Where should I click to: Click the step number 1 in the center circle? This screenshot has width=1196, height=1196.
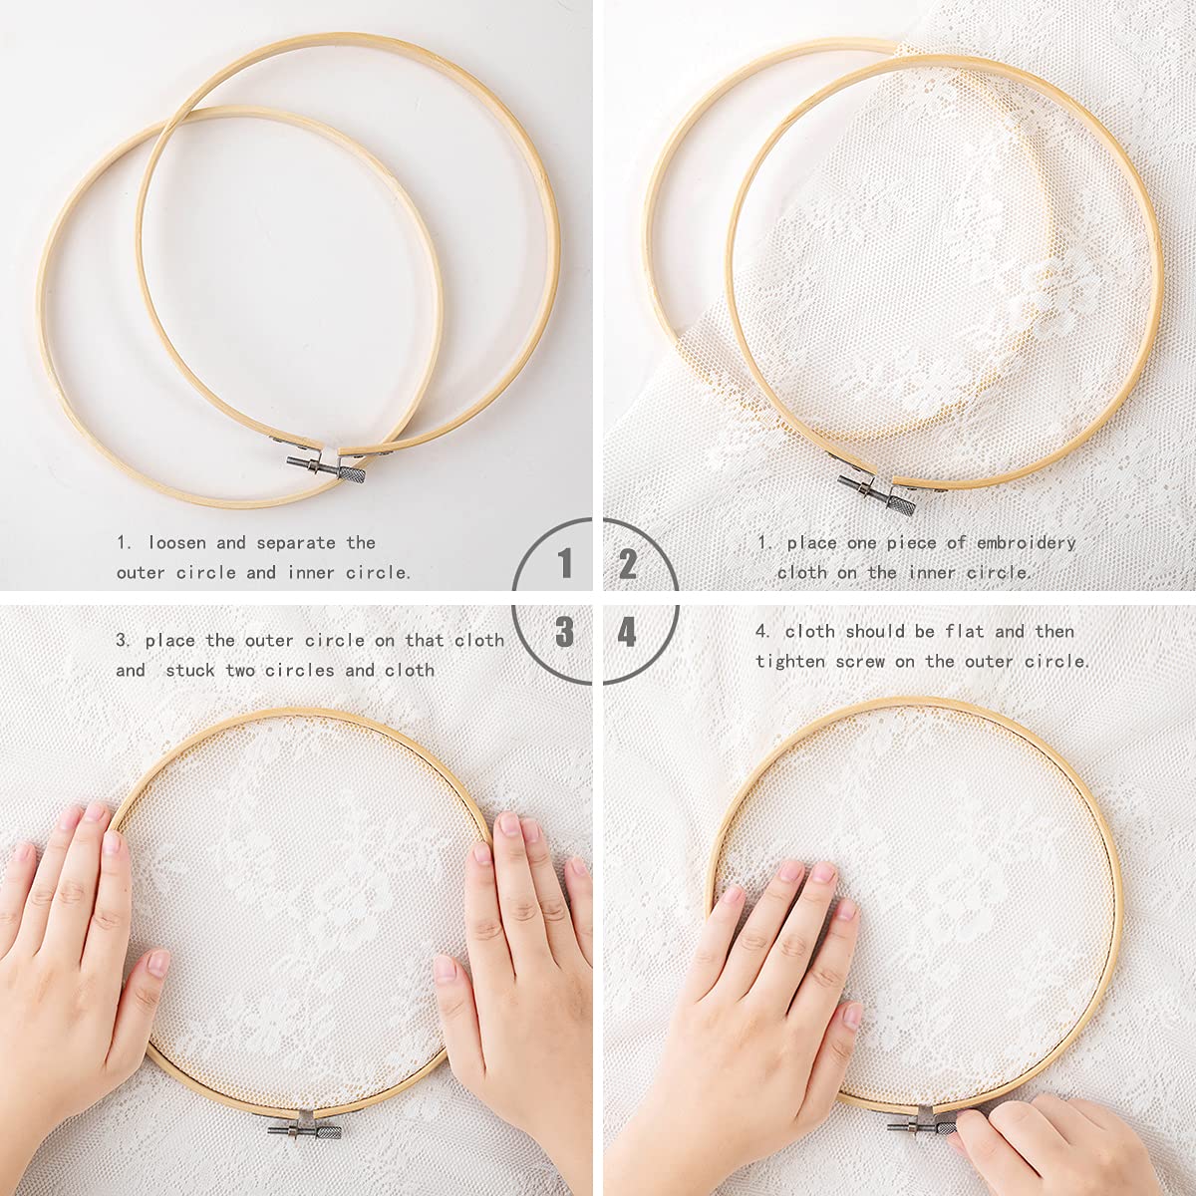[x=566, y=565]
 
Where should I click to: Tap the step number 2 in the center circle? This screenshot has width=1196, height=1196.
[x=628, y=565]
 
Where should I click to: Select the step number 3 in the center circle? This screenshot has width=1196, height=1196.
[x=565, y=631]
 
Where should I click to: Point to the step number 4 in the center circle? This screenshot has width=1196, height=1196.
[x=628, y=631]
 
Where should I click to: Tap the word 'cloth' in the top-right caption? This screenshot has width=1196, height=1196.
[x=801, y=572]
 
